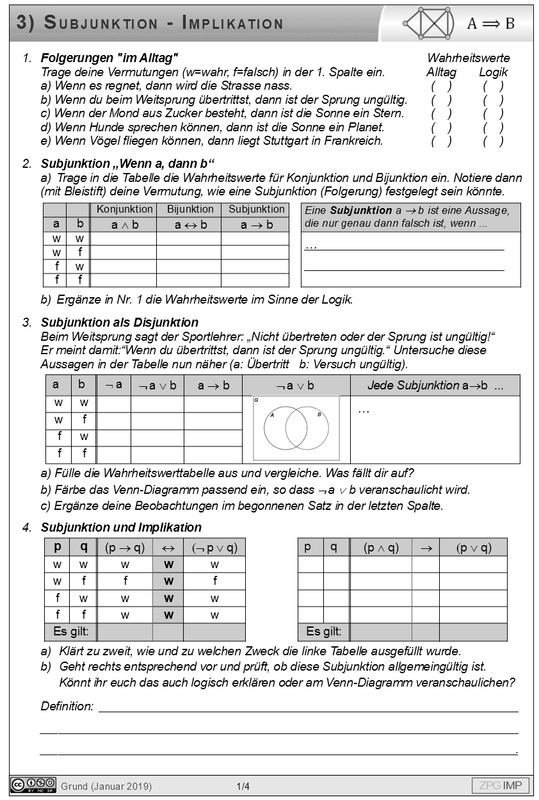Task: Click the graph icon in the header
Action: (429, 24)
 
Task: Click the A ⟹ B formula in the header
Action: (490, 24)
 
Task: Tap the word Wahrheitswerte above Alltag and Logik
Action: (468, 58)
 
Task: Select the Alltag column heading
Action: (441, 72)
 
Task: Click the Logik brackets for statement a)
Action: (493, 86)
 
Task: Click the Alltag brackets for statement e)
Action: (441, 142)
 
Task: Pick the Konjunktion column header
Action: (125, 209)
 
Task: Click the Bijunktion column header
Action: (190, 209)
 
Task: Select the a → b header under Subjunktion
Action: (256, 225)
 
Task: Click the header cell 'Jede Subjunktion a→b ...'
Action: (435, 386)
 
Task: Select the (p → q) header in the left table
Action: (125, 548)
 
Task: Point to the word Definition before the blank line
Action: (67, 706)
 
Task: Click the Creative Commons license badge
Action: (33, 785)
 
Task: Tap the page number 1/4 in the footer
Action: (243, 786)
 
